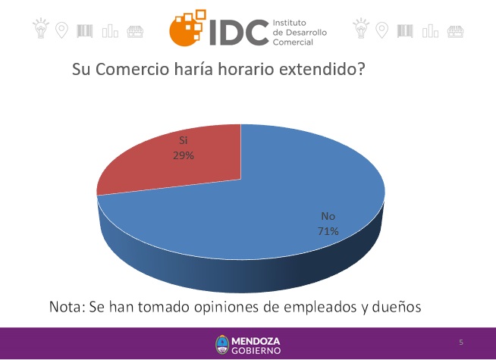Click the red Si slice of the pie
(177, 164)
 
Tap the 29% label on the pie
(184, 155)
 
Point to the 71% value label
(328, 231)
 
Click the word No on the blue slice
(328, 216)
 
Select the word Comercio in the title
(132, 69)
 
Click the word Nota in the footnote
(65, 307)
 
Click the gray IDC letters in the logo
(239, 32)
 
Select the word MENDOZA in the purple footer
(256, 341)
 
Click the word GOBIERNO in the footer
(256, 350)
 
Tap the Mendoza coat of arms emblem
(222, 345)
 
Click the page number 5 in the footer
(461, 343)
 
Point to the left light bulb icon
(41, 29)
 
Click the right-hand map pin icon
(381, 30)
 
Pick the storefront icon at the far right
(455, 32)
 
